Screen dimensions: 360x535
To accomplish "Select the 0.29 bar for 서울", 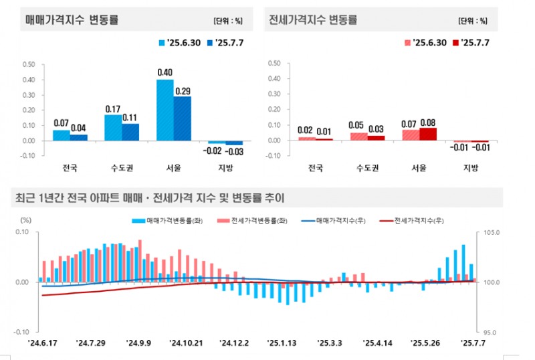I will [x=182, y=118].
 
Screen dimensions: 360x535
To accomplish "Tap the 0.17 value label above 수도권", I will [x=113, y=108].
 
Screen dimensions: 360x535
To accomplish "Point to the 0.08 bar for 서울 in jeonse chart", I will [x=428, y=134].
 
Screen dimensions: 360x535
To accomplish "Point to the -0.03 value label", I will [x=235, y=153].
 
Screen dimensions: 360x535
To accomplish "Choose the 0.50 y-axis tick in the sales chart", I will [x=29, y=64].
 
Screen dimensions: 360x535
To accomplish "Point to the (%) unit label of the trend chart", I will [x=26, y=219].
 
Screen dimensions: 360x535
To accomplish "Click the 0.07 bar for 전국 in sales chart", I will [x=61, y=135].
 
